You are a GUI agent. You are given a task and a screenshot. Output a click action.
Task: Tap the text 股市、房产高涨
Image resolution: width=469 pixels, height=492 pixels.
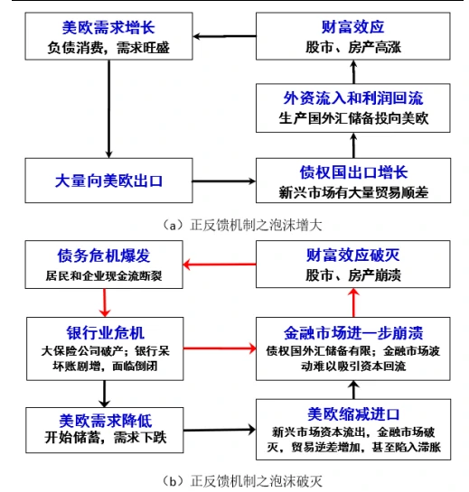point(348,48)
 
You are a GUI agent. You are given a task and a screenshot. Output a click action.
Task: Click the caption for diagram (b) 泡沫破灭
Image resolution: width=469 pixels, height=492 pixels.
point(234,479)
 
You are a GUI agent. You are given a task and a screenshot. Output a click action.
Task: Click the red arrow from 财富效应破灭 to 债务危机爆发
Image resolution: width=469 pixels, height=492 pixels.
point(220,265)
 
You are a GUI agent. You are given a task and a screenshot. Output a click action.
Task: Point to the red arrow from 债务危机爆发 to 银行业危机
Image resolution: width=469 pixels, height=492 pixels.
point(105,302)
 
